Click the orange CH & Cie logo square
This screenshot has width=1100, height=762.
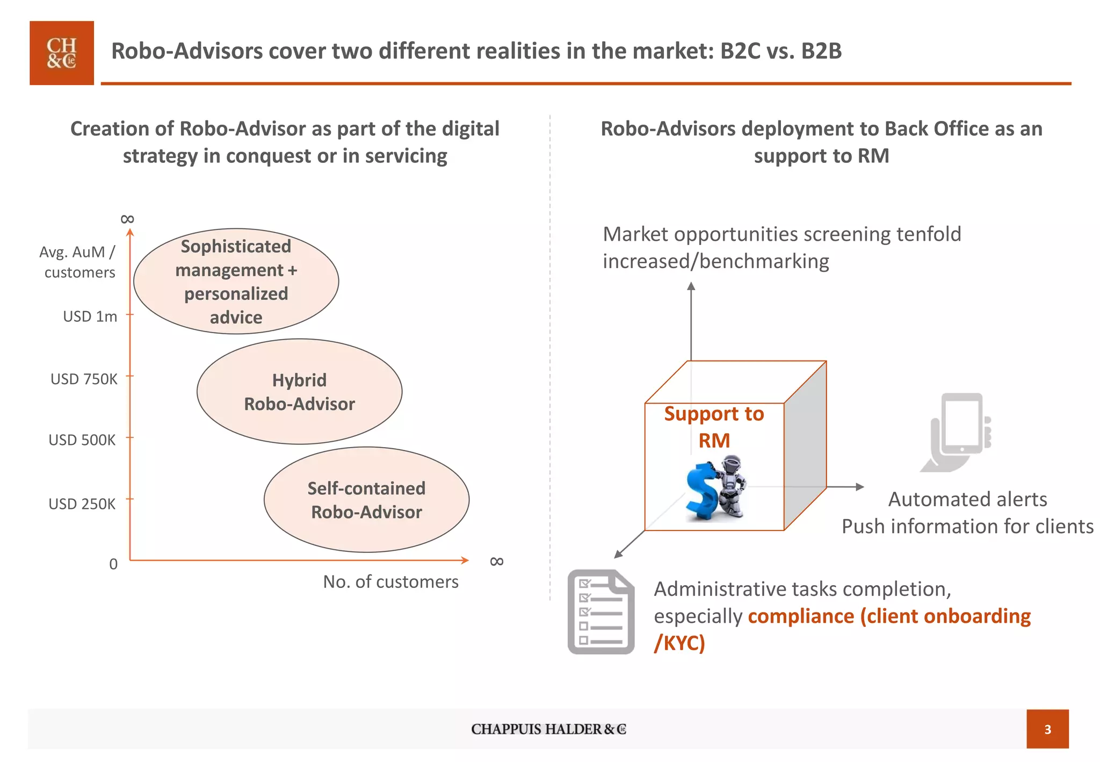62,53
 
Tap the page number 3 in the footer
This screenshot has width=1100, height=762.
1047,729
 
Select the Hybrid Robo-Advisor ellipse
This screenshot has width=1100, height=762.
299,392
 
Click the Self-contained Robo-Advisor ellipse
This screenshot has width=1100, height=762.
366,500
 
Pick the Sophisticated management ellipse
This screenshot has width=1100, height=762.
236,281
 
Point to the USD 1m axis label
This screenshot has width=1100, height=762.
90,317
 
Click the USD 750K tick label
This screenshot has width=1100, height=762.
84,379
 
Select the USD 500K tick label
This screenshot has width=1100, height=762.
82,440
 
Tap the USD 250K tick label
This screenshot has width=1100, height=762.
82,504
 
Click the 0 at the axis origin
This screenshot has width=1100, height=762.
113,564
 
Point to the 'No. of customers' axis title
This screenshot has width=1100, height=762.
390,582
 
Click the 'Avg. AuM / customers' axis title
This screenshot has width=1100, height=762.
78,262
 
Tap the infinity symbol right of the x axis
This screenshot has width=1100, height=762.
497,562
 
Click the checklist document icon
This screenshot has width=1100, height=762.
601,612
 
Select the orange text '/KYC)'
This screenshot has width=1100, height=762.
679,643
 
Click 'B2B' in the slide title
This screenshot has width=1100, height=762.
821,51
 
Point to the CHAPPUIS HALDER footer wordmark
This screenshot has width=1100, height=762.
548,729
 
